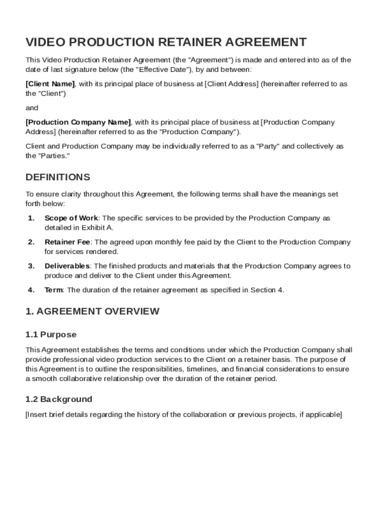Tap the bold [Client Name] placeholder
[x=50, y=84]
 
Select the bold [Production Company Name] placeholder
[x=78, y=122]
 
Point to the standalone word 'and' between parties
[x=32, y=108]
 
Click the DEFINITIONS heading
[x=58, y=177]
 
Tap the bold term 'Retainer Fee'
[x=68, y=242]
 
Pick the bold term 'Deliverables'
[x=67, y=266]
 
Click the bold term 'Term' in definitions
[x=54, y=290]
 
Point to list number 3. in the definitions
[x=31, y=266]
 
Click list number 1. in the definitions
[x=31, y=218]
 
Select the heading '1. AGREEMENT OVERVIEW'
[x=92, y=311]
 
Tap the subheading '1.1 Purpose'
[x=51, y=334]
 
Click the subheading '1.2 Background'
[x=59, y=399]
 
